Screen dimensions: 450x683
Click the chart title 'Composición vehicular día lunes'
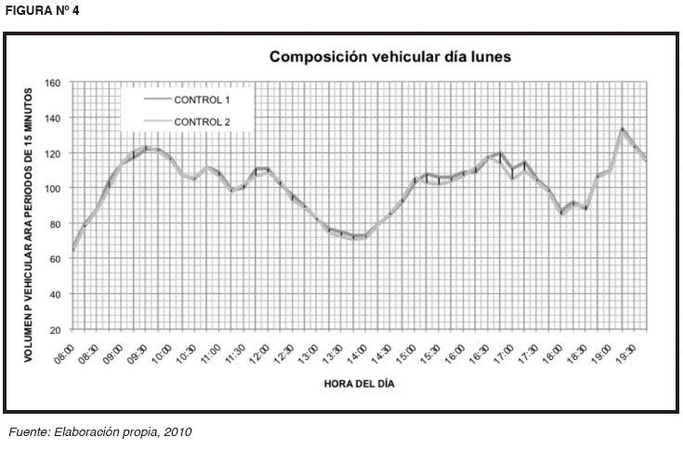tap(390, 58)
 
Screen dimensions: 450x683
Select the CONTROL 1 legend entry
tap(204, 99)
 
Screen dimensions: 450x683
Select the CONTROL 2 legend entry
tap(204, 122)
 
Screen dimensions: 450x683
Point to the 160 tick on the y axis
tap(53, 83)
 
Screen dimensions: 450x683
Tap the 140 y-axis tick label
tap(53, 118)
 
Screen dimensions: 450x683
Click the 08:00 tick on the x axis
tap(64, 352)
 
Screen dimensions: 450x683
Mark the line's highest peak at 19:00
tap(622, 129)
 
